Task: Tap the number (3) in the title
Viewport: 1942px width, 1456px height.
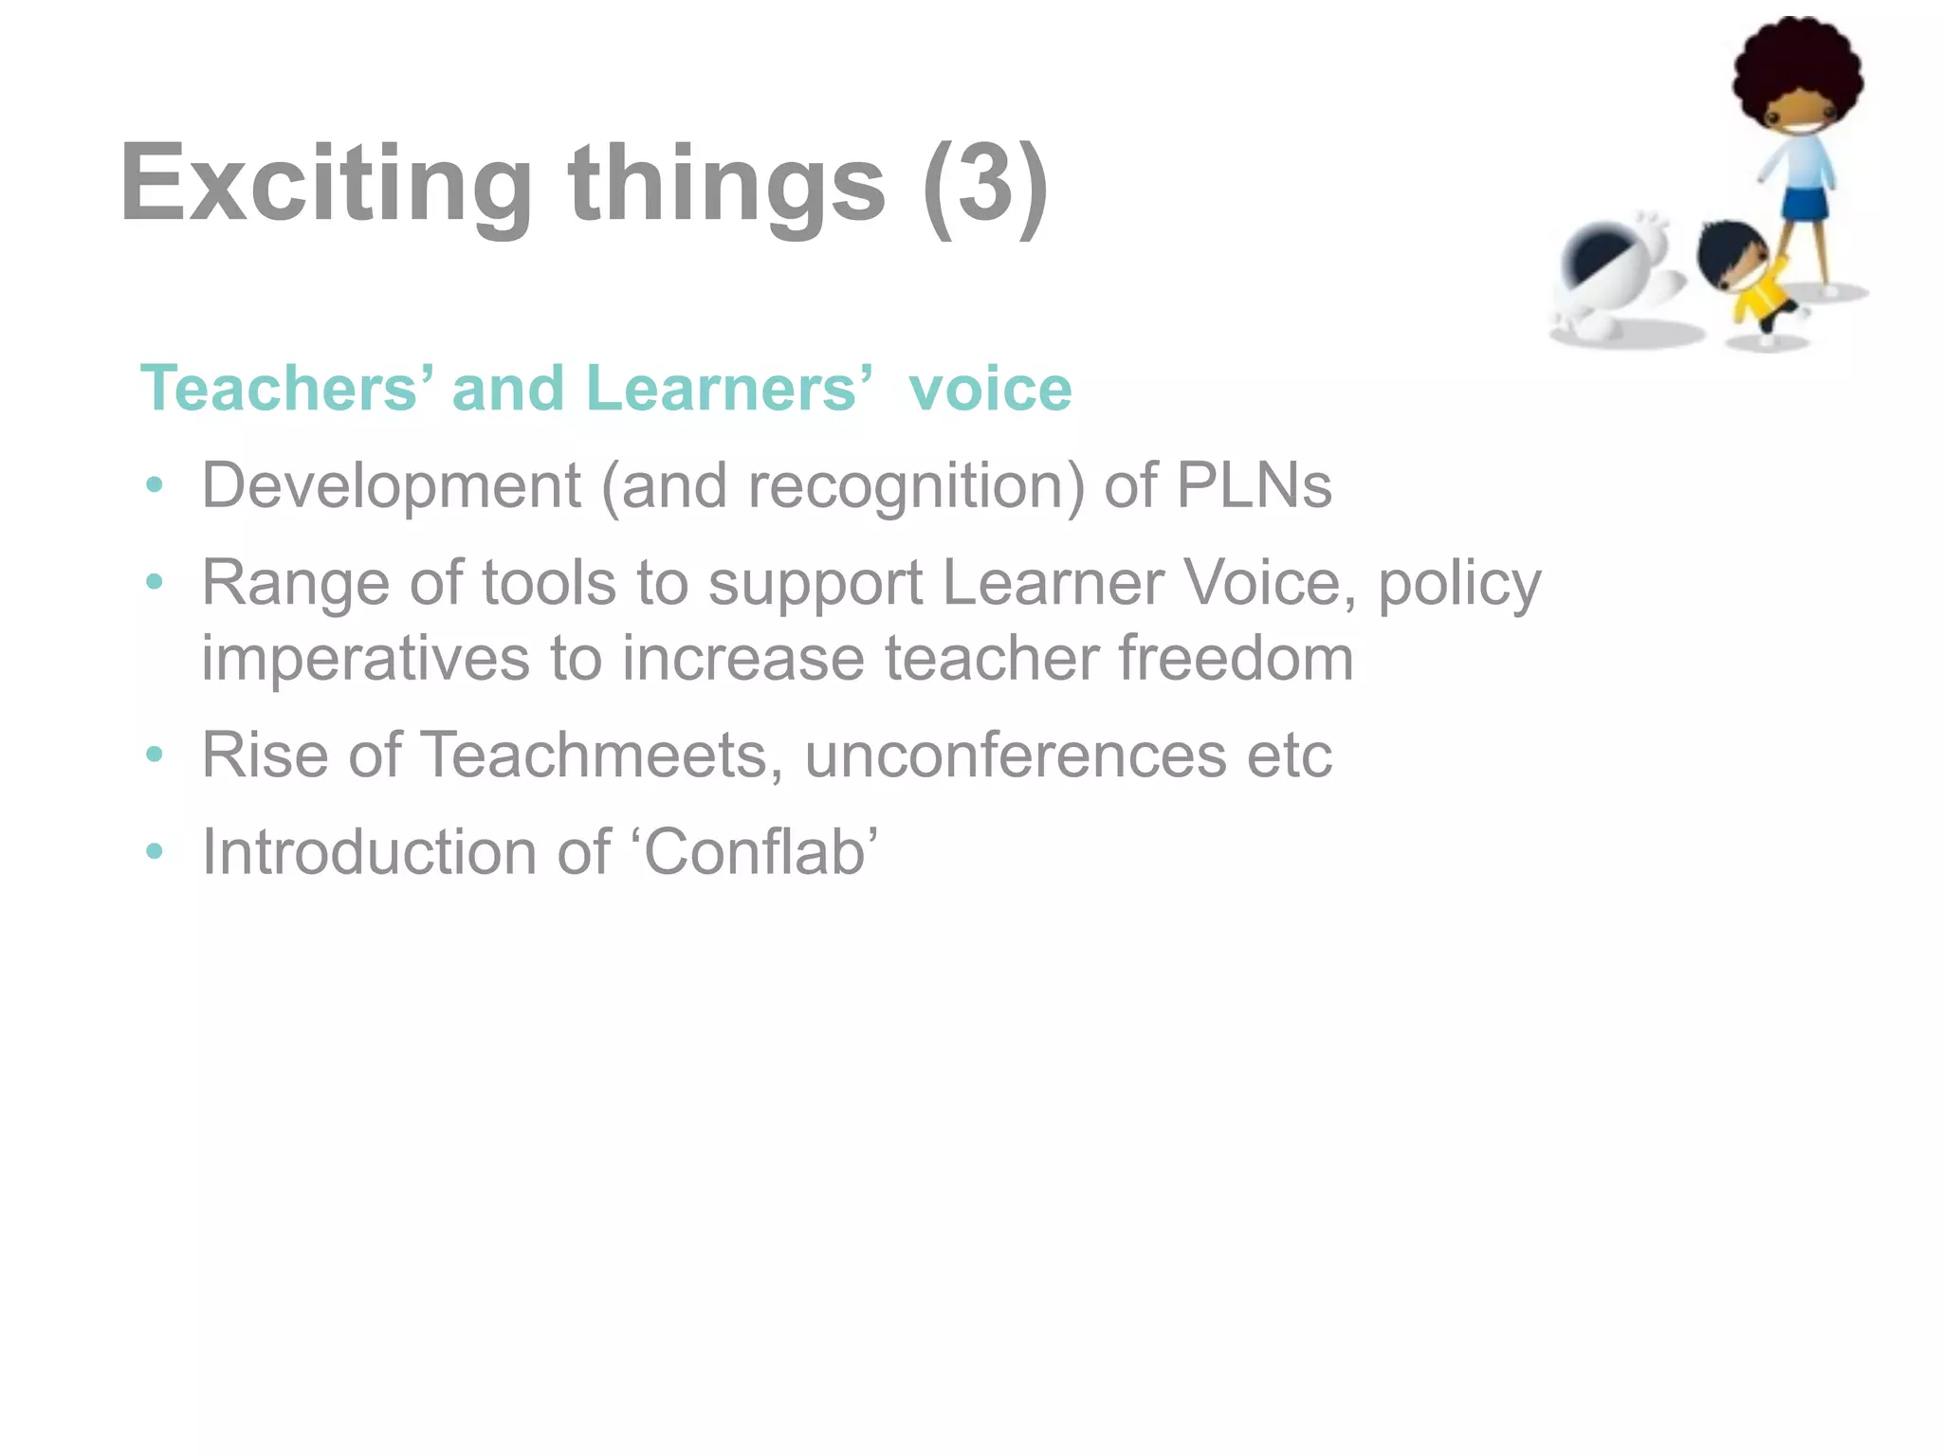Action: coord(985,184)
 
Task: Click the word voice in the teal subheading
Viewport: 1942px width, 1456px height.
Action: coord(990,389)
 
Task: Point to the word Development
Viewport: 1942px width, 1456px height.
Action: coord(391,486)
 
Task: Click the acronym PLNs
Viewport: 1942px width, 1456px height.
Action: coord(1254,486)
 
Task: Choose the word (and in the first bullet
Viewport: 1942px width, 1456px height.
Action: coord(669,486)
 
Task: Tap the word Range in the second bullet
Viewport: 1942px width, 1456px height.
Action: coord(295,583)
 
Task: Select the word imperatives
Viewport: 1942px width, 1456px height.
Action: coord(366,659)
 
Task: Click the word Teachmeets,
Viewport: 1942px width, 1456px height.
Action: coord(602,755)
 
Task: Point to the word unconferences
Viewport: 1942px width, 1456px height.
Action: coord(1016,755)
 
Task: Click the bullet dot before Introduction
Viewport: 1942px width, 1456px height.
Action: coord(155,851)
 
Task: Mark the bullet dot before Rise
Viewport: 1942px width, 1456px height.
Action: coord(155,755)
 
